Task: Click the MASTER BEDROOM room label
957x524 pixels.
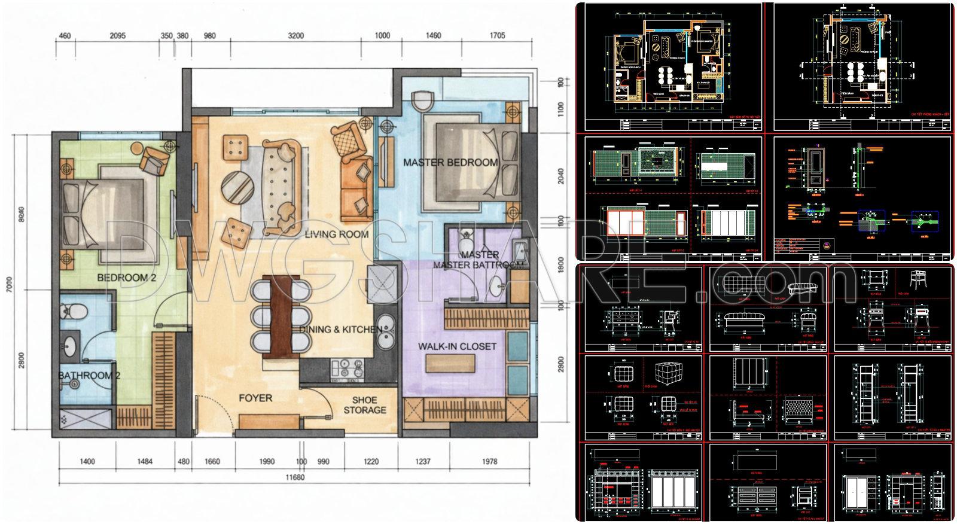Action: pyautogui.click(x=450, y=162)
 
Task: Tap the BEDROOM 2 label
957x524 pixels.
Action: pyautogui.click(x=126, y=278)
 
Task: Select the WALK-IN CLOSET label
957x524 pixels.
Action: pyautogui.click(x=457, y=346)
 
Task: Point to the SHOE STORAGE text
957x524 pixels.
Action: pyautogui.click(x=365, y=405)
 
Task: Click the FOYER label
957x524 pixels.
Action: pyautogui.click(x=255, y=398)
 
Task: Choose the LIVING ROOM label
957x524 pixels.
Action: pyautogui.click(x=337, y=234)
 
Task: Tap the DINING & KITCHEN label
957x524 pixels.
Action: pyautogui.click(x=340, y=329)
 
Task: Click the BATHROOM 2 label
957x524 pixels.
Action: pyautogui.click(x=89, y=376)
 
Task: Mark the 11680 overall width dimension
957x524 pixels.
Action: pyautogui.click(x=294, y=477)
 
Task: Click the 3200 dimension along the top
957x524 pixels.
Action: pyautogui.click(x=295, y=36)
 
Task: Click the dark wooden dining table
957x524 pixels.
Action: pyautogui.click(x=279, y=317)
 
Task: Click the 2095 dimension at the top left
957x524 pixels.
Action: pyautogui.click(x=118, y=36)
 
